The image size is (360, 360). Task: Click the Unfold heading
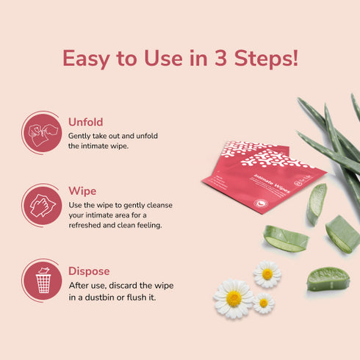85,122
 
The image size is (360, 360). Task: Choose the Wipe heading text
82,191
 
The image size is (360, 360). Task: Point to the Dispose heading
89,270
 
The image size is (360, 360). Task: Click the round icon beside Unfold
41,132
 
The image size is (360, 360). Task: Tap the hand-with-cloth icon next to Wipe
41,204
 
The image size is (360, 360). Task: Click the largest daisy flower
234,298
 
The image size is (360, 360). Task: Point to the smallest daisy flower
263,303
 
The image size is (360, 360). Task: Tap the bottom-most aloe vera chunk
328,278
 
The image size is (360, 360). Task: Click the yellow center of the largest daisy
234,298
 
